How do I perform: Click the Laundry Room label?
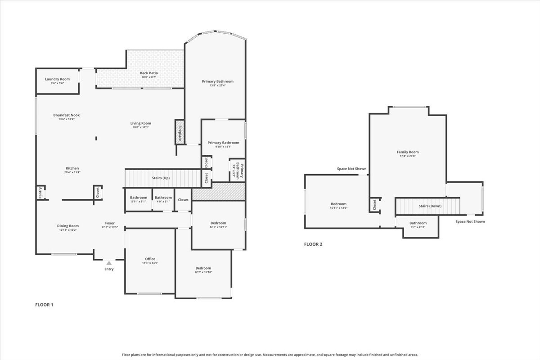57,79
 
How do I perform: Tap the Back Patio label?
148,73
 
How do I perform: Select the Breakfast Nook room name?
66,115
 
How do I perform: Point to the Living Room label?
140,123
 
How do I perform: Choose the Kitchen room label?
72,168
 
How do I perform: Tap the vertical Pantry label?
40,193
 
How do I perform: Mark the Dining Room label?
68,226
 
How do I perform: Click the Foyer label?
110,223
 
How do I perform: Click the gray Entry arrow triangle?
109,262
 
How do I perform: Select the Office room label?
150,259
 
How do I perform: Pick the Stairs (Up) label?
161,178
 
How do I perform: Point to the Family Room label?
407,152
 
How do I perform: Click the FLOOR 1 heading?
44,305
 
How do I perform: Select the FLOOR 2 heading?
313,244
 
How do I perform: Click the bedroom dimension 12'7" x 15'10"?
203,272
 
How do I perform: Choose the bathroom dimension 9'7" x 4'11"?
418,227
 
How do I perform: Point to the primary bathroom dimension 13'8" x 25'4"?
218,85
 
